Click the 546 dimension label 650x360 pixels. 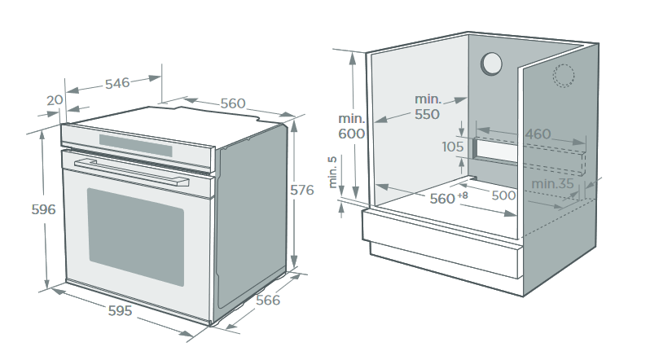pos(116,83)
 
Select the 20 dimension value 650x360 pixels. pos(55,100)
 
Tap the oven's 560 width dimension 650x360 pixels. pos(232,103)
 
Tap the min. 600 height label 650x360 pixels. pos(353,126)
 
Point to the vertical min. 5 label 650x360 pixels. pos(333,173)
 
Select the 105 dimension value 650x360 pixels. pos(453,147)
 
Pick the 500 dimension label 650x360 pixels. pos(503,195)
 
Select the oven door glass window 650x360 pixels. pos(135,236)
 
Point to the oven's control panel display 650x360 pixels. pos(136,147)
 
